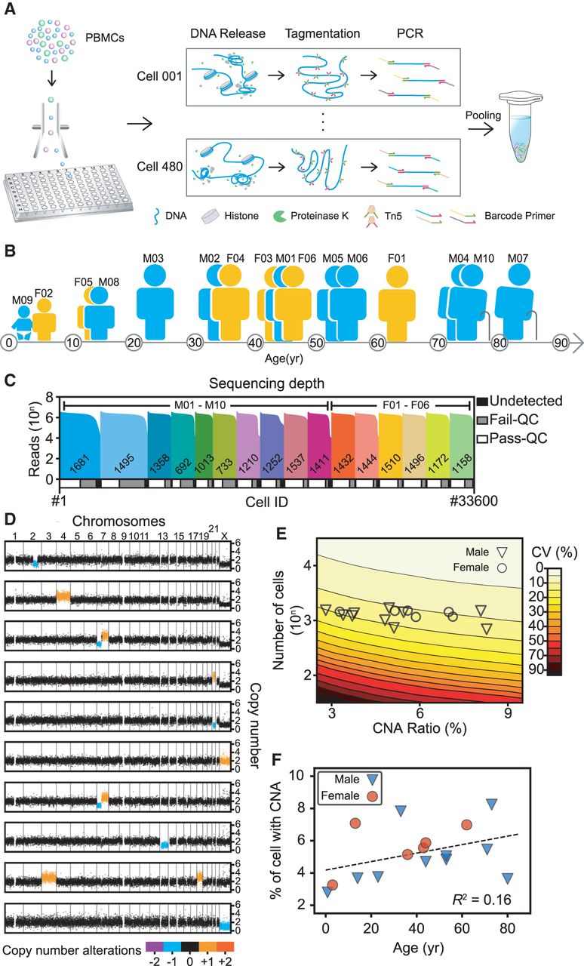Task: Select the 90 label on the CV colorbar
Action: tap(561, 669)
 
